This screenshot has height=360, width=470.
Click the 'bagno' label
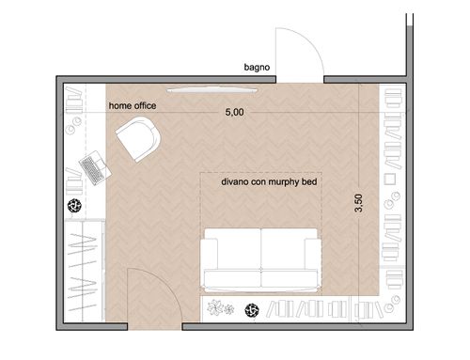[x=257, y=68]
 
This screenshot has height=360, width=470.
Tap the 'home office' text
[x=133, y=106]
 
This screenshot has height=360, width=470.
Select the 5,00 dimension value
[x=234, y=112]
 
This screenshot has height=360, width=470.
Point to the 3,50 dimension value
[x=358, y=203]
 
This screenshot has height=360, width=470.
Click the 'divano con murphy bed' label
[x=269, y=181]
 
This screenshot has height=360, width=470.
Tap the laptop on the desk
[x=95, y=167]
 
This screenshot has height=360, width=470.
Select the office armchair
[x=138, y=139]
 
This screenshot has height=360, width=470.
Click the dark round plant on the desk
[x=74, y=206]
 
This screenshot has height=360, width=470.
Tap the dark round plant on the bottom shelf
[x=252, y=310]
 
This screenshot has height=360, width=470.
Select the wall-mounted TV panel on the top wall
[x=212, y=90]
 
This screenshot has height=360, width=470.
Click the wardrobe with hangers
[x=85, y=271]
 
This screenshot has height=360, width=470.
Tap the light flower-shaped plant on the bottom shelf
[x=216, y=307]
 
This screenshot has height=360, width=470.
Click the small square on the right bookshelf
[x=390, y=180]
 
